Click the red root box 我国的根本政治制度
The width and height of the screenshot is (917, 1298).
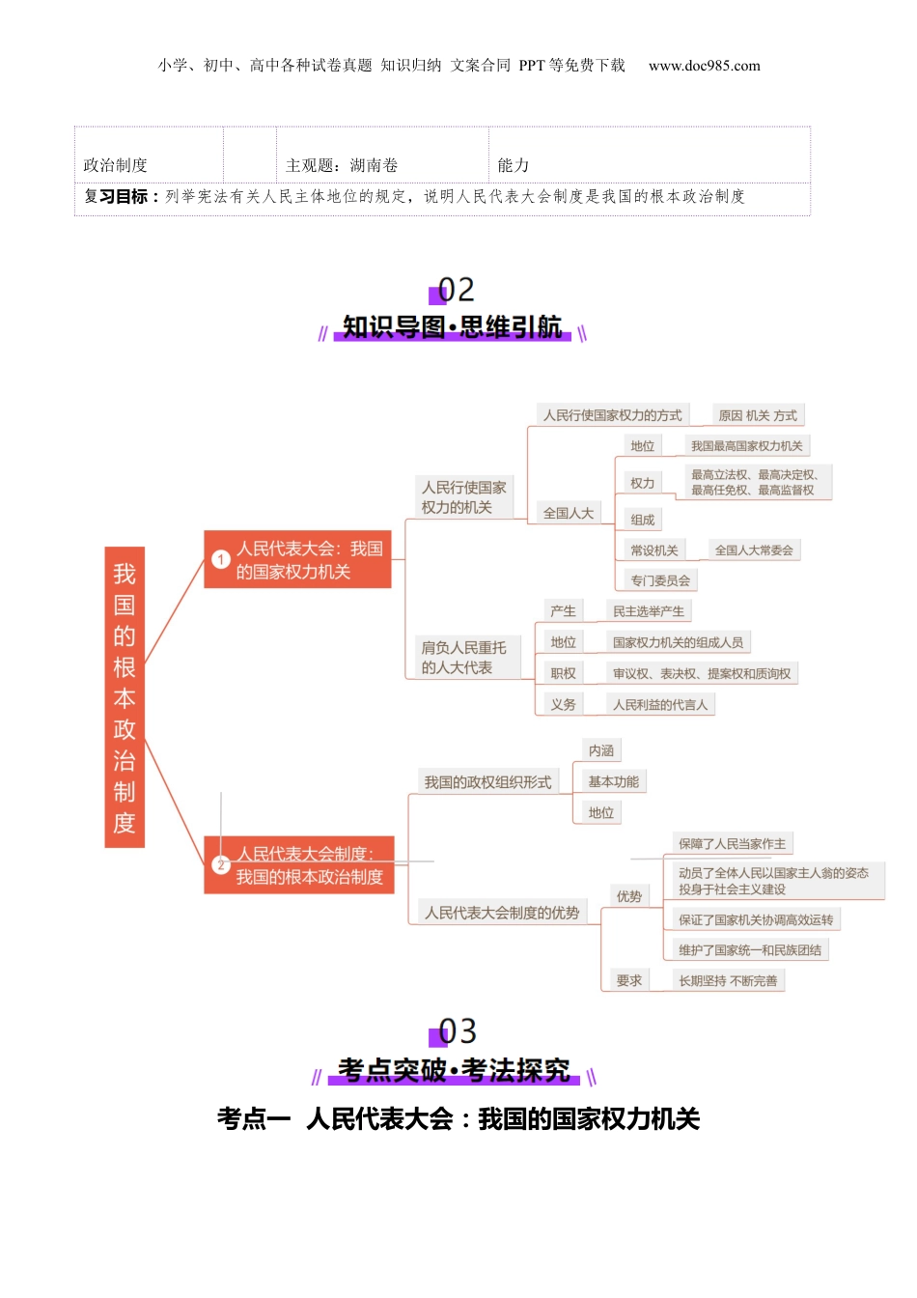(125, 697)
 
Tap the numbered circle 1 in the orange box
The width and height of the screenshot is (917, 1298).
(220, 560)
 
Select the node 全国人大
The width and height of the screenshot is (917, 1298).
(568, 513)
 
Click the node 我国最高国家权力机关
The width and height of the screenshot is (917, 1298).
(746, 446)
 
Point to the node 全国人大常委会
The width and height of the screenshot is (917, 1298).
(754, 550)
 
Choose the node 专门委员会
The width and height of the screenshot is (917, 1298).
(660, 580)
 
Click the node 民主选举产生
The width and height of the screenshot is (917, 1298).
(649, 611)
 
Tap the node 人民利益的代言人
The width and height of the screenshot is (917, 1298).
(660, 705)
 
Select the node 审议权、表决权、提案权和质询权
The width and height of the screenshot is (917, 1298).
(702, 674)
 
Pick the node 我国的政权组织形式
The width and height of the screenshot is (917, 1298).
(487, 782)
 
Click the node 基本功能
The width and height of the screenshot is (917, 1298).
(613, 782)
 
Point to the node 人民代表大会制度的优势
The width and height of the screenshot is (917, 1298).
(502, 913)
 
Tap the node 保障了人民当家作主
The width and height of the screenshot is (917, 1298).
(732, 844)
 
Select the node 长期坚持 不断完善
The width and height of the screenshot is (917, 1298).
(728, 981)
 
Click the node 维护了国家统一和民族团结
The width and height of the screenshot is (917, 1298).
(750, 950)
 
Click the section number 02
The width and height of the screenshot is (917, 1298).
(456, 290)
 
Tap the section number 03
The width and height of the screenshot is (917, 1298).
(457, 1031)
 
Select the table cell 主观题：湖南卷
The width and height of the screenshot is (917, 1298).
(342, 165)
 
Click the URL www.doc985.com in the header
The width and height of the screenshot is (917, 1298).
(704, 66)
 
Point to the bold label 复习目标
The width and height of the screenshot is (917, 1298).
(116, 196)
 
